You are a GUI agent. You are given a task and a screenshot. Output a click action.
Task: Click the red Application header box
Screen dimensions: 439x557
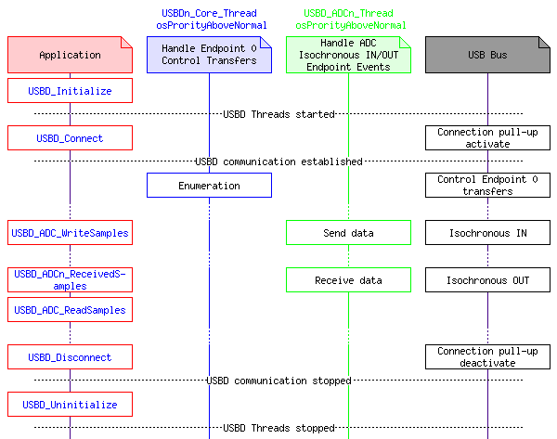pos(70,55)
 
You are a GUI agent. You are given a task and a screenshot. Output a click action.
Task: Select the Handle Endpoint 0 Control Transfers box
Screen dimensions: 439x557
pos(209,55)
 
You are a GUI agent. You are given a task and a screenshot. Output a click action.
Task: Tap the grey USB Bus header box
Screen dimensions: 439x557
pos(487,55)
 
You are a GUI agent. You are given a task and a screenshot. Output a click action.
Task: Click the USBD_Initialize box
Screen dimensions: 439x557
pos(70,91)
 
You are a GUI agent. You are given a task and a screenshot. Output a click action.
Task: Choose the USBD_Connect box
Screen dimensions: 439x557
pos(70,138)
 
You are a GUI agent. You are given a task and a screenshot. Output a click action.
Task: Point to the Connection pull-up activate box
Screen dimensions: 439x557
pos(487,138)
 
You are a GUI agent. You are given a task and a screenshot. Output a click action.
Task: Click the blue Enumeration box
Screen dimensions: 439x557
pos(209,186)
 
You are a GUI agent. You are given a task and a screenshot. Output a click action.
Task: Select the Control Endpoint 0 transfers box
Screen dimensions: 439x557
pos(487,186)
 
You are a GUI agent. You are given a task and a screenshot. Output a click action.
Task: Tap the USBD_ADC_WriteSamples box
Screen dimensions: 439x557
pos(70,233)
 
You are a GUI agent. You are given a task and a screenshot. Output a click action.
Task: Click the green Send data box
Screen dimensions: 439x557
pos(348,233)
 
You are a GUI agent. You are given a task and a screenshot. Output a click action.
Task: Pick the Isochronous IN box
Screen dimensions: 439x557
pos(487,233)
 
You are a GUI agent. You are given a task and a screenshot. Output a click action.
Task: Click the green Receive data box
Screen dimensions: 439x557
pos(348,279)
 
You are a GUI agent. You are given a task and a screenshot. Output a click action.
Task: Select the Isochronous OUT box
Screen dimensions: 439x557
pos(487,279)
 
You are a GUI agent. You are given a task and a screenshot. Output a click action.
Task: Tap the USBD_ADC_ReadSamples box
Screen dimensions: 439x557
pos(70,309)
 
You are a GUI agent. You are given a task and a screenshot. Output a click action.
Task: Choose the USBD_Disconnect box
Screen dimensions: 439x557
pos(70,357)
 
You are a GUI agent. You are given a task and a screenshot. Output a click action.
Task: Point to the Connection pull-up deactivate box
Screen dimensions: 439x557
pos(487,357)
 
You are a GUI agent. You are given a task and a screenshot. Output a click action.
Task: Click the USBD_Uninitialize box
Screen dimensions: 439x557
pos(70,405)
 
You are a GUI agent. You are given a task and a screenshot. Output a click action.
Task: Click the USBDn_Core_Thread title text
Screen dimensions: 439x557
pos(209,14)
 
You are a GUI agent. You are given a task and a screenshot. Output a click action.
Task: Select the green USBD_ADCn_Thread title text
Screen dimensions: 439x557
pos(348,14)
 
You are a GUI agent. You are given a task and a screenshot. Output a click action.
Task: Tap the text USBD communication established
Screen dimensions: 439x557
pos(278,161)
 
